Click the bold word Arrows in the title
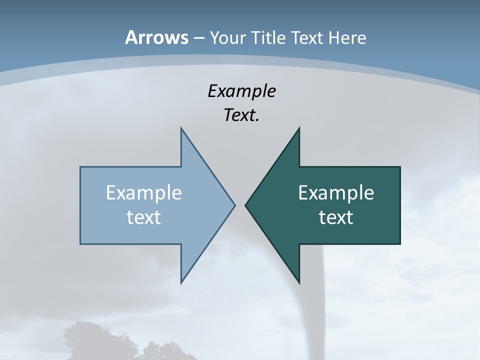[x=156, y=37]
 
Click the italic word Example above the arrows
[x=241, y=91]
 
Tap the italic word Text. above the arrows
[x=241, y=115]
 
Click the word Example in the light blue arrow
[x=144, y=193]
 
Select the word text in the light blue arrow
[x=144, y=217]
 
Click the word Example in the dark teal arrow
[x=336, y=193]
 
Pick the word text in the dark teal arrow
[x=336, y=217]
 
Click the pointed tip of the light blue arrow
[x=234, y=205]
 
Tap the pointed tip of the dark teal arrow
[x=246, y=205]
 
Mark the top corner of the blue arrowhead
[x=181, y=128]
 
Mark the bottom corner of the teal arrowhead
[x=299, y=282]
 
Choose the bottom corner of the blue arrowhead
[x=181, y=282]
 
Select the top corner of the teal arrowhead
[x=299, y=128]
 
